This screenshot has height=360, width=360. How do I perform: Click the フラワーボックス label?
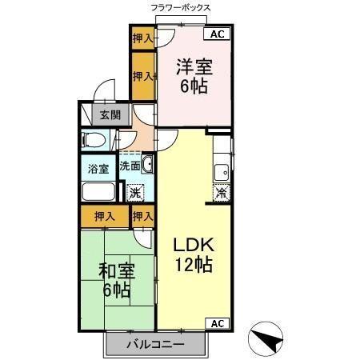click(180, 7)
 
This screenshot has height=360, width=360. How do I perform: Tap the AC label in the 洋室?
click(218, 34)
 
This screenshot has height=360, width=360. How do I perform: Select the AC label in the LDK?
click(218, 323)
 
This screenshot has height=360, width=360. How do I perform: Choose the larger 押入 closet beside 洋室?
click(142, 76)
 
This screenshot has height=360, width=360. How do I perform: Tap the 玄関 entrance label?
click(110, 115)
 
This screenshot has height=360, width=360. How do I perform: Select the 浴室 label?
click(98, 169)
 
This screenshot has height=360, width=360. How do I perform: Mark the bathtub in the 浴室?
click(98, 193)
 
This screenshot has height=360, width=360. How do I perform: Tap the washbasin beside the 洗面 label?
click(148, 165)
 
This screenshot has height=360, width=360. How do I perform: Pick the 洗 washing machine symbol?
click(136, 193)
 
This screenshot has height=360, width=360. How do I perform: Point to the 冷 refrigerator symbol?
click(222, 192)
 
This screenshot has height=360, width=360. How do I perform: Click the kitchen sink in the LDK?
click(222, 171)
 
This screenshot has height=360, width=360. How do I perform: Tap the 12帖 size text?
click(194, 266)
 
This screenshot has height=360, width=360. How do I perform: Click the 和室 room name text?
click(117, 270)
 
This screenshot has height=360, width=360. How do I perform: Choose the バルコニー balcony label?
click(158, 344)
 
